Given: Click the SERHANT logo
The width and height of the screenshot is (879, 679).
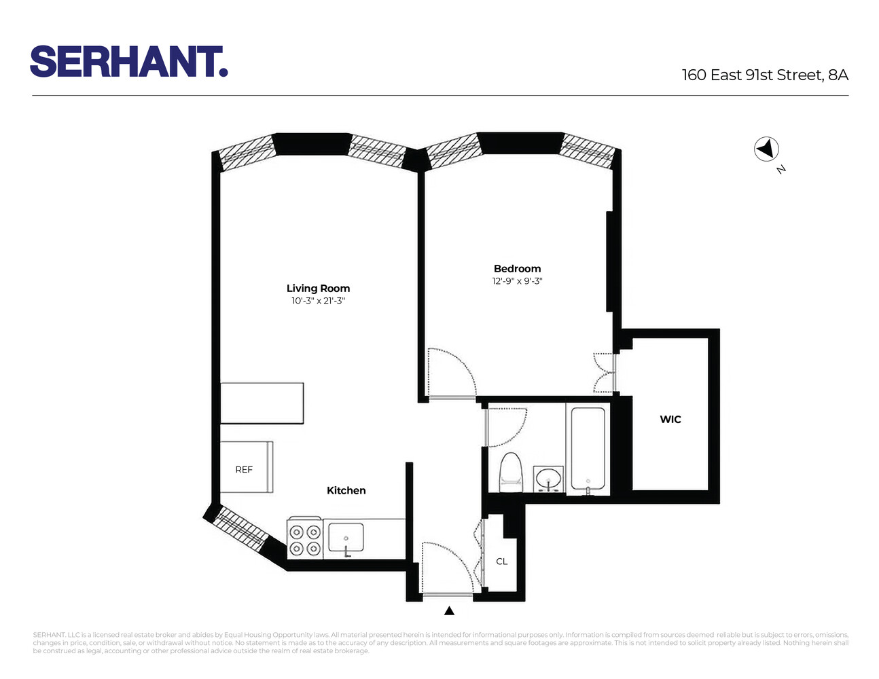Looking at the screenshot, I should (128, 62).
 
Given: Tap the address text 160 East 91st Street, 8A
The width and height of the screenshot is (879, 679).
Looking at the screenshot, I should (765, 75).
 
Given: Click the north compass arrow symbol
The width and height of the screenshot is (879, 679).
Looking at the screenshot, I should (766, 149).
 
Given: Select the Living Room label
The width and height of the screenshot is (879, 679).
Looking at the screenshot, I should (318, 289).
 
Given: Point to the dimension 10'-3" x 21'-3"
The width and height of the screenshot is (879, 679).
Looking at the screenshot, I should (318, 301).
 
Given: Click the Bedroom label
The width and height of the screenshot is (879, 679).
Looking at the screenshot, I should (517, 269).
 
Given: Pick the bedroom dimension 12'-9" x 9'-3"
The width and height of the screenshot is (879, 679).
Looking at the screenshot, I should (517, 281).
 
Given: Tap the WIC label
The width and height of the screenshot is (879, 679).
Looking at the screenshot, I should (670, 420).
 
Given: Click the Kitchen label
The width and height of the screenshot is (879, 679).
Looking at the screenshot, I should (346, 490).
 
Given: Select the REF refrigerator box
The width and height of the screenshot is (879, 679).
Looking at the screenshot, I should (245, 468).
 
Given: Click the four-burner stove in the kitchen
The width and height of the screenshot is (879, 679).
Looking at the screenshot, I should (304, 540).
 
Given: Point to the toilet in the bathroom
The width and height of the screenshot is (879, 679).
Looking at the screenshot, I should (511, 473).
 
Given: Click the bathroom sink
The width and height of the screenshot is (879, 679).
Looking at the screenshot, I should (548, 479).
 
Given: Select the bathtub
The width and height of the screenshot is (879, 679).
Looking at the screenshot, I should (588, 448).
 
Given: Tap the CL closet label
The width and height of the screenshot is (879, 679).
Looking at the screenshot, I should (502, 562).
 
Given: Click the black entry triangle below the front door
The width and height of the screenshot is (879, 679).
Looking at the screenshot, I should (449, 611).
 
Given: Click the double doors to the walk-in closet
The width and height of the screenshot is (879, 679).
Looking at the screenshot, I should (604, 372).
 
